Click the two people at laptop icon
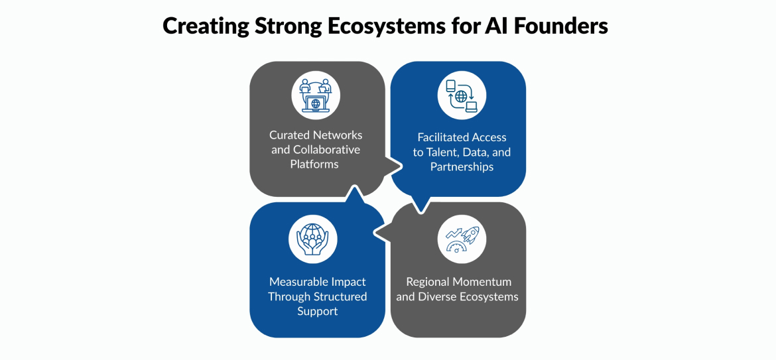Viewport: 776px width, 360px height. pyautogui.click(x=316, y=95)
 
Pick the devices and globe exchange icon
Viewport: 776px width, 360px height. pyautogui.click(x=462, y=95)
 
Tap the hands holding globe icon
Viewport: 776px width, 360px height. pyautogui.click(x=312, y=239)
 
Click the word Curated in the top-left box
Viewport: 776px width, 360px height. pyautogui.click(x=291, y=135)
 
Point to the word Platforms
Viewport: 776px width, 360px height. pyautogui.click(x=314, y=164)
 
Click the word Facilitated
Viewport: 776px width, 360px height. pyautogui.click(x=445, y=138)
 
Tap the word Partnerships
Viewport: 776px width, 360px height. pyautogui.click(x=462, y=166)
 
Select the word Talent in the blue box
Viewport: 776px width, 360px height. pyautogui.click(x=444, y=152)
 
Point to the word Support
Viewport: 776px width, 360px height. pyautogui.click(x=317, y=311)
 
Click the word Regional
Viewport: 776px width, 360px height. pyautogui.click(x=427, y=282)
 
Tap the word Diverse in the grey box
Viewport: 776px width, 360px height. pyautogui.click(x=437, y=296)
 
